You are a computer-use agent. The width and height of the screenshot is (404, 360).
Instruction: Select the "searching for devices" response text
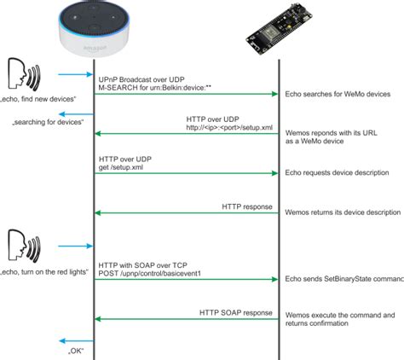click(48, 124)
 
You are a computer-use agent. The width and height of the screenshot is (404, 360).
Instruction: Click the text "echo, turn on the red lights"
click(49, 271)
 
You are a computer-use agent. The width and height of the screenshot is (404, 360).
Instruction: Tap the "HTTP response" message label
click(248, 205)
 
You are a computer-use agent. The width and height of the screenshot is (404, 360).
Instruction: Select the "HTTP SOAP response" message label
click(234, 313)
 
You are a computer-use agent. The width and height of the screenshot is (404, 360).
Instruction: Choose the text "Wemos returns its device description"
click(342, 212)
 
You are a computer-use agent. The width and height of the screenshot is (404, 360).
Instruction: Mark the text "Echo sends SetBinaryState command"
click(343, 279)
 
